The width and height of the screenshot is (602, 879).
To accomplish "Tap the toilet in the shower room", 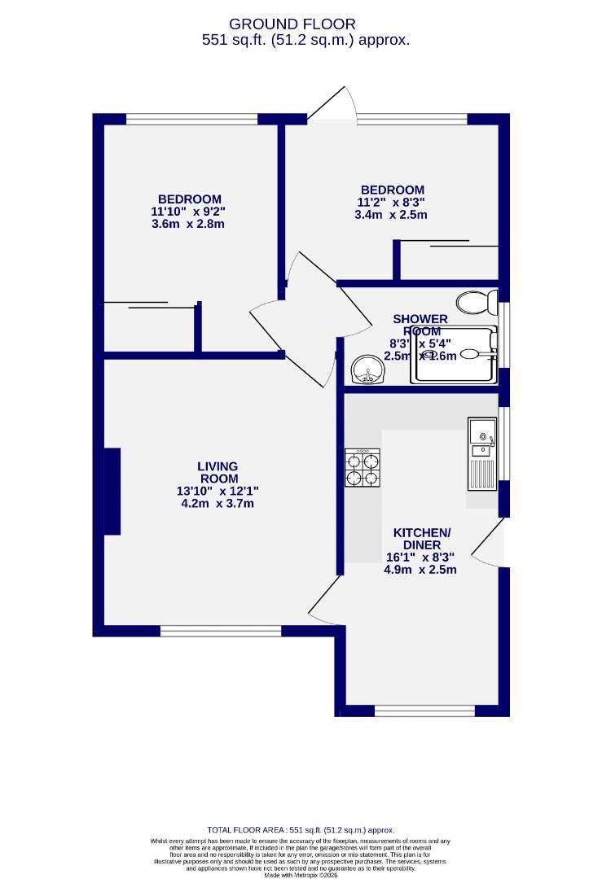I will coord(477,304).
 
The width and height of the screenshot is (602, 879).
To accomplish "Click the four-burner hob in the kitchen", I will coord(363,470).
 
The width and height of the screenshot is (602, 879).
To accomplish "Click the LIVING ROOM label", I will coord(218,472).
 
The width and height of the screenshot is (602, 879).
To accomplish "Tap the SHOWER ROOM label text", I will coord(420,325).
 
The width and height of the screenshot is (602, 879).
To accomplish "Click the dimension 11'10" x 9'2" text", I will coord(188,212).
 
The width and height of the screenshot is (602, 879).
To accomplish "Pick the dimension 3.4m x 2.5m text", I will coord(392,216).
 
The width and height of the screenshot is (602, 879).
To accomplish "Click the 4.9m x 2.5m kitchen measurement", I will coord(420,570).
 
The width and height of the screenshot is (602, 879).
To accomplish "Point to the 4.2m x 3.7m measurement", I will coord(218,504).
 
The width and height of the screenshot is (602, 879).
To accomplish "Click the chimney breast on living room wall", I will coord(112,492).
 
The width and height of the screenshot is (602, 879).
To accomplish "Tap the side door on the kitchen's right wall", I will coord(491,543).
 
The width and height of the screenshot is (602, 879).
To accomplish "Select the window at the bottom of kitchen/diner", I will coord(424,711).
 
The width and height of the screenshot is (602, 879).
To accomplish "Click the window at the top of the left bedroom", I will coord(191,120).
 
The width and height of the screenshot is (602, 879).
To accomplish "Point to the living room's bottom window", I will coord(221,630).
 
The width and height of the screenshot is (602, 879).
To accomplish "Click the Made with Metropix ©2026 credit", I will coord(301,875).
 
